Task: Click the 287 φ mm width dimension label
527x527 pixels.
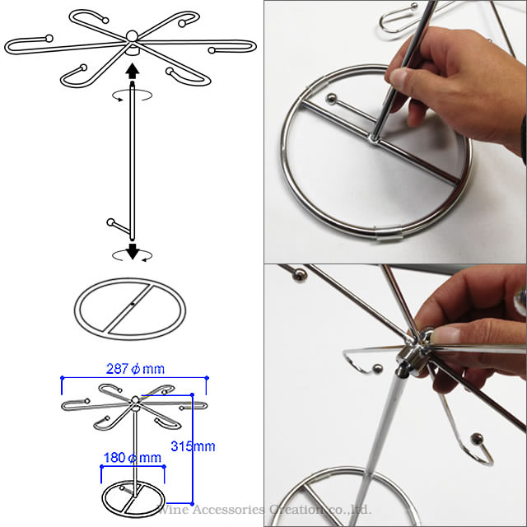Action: [135, 369]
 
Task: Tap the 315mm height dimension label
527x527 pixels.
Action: [193, 446]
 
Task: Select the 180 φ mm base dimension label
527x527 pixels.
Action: [133, 458]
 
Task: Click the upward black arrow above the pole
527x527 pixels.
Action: [133, 71]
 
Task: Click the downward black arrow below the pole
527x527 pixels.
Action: [133, 251]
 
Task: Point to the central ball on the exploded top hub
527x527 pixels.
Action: [132, 35]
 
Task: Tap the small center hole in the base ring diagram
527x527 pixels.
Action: [133, 304]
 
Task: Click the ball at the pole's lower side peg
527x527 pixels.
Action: [110, 222]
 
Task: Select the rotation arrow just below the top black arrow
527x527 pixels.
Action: [132, 96]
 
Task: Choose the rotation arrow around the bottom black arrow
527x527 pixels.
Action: [132, 255]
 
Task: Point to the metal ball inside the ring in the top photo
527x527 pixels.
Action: [331, 99]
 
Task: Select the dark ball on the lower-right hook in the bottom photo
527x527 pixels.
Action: [477, 439]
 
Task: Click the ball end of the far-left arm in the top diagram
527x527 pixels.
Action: [49, 39]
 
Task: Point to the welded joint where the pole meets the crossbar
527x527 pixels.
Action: [375, 138]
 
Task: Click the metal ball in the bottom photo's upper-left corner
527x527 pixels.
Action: [300, 275]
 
